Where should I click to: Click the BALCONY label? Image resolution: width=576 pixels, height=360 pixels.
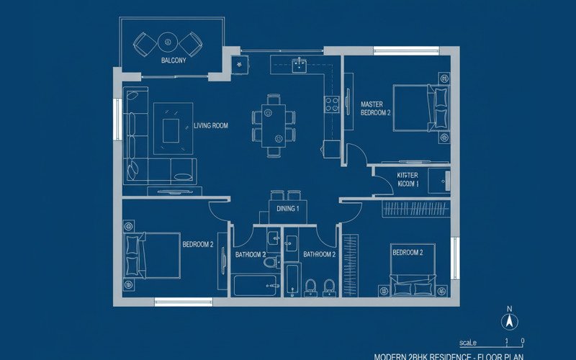point(173,60)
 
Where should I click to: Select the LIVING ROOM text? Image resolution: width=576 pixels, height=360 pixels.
point(211,125)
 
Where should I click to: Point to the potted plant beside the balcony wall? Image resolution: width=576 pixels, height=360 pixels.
point(238,64)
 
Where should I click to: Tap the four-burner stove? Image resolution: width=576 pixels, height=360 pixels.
point(332,104)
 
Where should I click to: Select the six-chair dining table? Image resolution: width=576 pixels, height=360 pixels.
point(274,125)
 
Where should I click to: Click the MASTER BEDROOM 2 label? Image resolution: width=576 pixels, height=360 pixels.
point(375,109)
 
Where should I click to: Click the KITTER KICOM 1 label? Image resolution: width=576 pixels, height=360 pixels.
point(408,179)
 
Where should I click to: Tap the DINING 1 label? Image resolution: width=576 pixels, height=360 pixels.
point(288,208)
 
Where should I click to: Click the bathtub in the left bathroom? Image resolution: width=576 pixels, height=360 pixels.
point(253,285)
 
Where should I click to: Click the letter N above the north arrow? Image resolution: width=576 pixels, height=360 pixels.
point(509,310)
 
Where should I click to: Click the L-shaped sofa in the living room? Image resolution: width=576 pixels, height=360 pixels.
point(137,137)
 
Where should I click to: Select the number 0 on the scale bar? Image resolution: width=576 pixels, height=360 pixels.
point(523,341)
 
